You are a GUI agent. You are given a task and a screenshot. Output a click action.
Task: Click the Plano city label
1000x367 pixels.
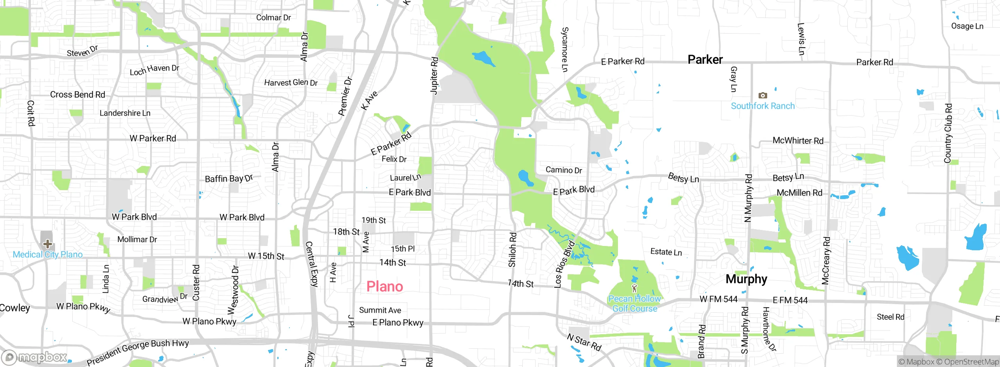coord(384,287)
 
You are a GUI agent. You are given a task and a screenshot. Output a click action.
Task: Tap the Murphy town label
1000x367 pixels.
coord(746,279)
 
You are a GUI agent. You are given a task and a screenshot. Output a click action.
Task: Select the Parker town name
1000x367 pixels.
coord(705,59)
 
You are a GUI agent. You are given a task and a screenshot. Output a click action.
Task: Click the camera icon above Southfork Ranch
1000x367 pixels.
coord(762,95)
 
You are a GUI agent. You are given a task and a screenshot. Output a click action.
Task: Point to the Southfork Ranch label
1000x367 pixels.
coord(762,106)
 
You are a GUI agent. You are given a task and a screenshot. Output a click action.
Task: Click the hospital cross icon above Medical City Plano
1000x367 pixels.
coord(47,244)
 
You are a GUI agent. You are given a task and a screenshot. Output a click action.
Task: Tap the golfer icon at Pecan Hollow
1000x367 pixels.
coord(634,289)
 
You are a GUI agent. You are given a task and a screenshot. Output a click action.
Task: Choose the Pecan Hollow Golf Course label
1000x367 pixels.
coord(634,304)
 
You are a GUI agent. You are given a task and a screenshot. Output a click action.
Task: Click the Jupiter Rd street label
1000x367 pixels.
coord(434,76)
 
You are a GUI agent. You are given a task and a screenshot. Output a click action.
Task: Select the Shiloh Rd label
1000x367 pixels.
coord(512,250)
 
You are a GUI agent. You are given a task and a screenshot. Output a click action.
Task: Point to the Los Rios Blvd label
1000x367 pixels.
coord(564,265)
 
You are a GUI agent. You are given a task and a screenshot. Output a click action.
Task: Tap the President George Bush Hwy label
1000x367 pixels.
coord(137,352)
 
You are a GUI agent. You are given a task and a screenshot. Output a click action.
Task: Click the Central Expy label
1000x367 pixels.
coord(311,264)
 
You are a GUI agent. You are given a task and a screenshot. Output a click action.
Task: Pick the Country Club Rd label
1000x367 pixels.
coord(948,133)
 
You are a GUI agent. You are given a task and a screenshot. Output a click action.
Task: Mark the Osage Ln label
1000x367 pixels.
coord(967,26)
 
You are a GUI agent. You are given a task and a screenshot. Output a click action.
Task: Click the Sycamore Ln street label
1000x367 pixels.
coord(565,50)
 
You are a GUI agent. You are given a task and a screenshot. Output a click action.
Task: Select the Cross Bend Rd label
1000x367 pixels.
coord(77,94)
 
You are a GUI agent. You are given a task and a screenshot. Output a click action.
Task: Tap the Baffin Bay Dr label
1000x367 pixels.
coord(229,178)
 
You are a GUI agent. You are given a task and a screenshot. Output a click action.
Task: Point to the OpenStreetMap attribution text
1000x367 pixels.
coord(971,362)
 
